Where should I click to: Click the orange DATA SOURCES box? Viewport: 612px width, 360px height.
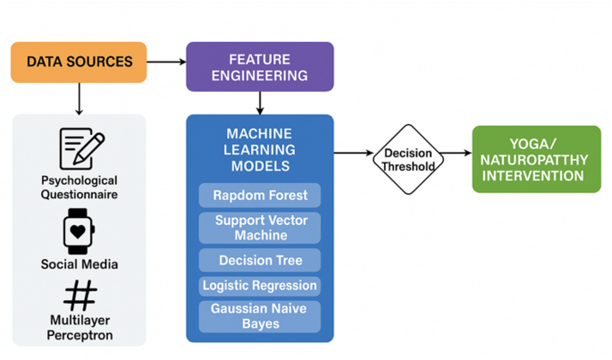pyautogui.click(x=79, y=63)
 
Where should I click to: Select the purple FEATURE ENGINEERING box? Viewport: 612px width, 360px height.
pyautogui.click(x=259, y=67)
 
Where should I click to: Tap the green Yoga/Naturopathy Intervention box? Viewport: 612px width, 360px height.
pyautogui.click(x=536, y=159)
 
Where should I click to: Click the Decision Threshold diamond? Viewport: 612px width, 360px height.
pyautogui.click(x=408, y=159)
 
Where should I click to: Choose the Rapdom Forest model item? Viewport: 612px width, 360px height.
pyautogui.click(x=259, y=196)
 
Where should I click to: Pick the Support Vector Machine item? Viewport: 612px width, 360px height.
pyautogui.click(x=259, y=228)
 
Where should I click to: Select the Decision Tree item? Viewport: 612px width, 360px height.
pyautogui.click(x=259, y=261)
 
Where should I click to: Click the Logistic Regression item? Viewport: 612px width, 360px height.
pyautogui.click(x=259, y=286)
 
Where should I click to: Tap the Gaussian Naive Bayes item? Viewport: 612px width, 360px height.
pyautogui.click(x=259, y=316)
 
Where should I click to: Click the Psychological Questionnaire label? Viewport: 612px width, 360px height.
pyautogui.click(x=80, y=188)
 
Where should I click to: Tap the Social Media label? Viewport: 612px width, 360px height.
pyautogui.click(x=80, y=264)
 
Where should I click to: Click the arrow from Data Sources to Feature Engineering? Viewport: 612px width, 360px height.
pyautogui.click(x=166, y=62)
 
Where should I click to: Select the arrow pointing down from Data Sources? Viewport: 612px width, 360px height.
pyautogui.click(x=79, y=98)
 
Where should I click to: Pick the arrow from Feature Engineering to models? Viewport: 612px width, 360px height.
pyautogui.click(x=259, y=103)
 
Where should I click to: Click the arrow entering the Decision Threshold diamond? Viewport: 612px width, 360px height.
pyautogui.click(x=354, y=153)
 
